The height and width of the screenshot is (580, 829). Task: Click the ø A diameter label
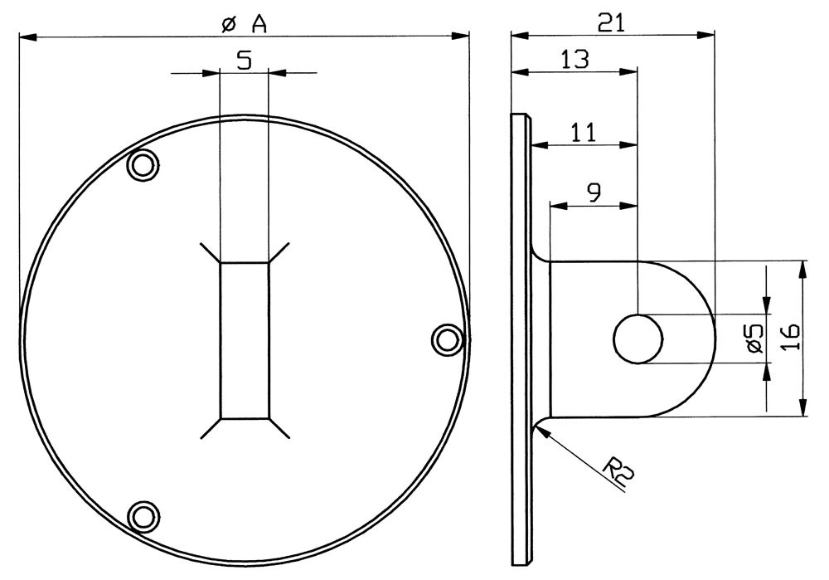pyautogui.click(x=244, y=24)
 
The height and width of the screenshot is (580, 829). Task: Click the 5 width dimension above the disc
pyautogui.click(x=244, y=61)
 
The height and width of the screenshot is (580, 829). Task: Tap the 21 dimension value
pyautogui.click(x=611, y=22)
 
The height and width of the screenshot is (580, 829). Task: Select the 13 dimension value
pyautogui.click(x=574, y=59)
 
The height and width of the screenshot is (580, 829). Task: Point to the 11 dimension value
pyautogui.click(x=583, y=132)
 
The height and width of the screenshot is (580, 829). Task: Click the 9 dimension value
pyautogui.click(x=594, y=193)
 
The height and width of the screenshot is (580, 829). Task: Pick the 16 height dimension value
pyautogui.click(x=790, y=338)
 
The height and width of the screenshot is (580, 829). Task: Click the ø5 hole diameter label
pyautogui.click(x=754, y=339)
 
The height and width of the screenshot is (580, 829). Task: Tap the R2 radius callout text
pyautogui.click(x=619, y=470)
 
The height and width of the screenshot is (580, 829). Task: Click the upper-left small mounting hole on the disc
pyautogui.click(x=143, y=166)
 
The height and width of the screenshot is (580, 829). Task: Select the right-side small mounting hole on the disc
pyautogui.click(x=447, y=339)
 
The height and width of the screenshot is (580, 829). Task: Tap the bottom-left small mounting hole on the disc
pyautogui.click(x=143, y=515)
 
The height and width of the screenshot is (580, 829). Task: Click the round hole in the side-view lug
pyautogui.click(x=638, y=339)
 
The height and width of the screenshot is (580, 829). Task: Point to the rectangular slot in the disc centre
pyautogui.click(x=245, y=340)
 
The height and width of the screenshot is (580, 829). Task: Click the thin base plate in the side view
pyautogui.click(x=521, y=339)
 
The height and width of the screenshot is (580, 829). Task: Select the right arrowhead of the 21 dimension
pyautogui.click(x=705, y=35)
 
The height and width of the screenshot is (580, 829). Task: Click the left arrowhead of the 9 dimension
pyautogui.click(x=560, y=205)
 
